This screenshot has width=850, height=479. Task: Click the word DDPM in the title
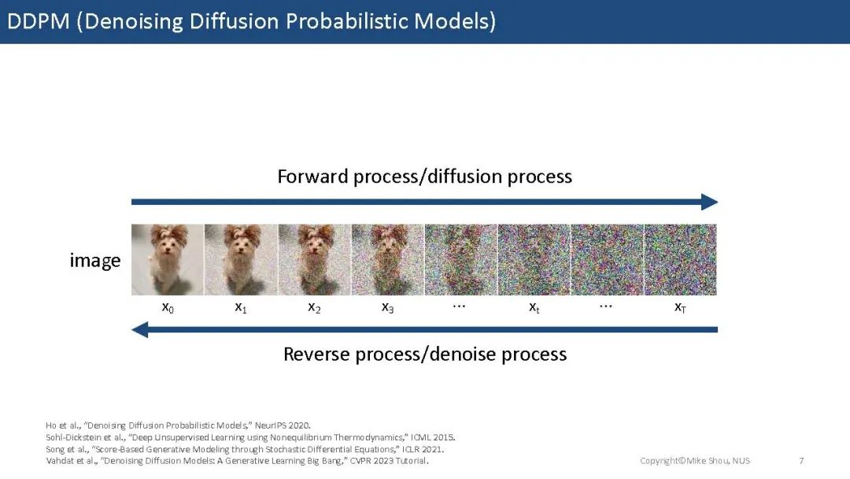click(39, 21)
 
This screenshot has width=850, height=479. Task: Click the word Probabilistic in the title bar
click(346, 21)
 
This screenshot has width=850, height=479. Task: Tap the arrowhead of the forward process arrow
click(709, 202)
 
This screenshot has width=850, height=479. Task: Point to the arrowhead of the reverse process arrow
click(140, 329)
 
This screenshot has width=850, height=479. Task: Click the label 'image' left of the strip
click(95, 261)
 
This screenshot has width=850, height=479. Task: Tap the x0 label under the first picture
click(168, 307)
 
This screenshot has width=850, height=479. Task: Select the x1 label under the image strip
click(241, 307)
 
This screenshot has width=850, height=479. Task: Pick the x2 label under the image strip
click(314, 307)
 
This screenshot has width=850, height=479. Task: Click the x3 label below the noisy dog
click(387, 307)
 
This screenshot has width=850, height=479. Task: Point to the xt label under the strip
click(534, 307)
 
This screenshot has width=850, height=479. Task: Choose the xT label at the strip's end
click(680, 307)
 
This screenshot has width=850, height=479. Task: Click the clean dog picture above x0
click(168, 260)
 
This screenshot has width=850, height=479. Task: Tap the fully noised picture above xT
click(680, 260)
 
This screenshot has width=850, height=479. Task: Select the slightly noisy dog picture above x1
click(242, 260)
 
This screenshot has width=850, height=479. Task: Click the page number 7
click(801, 461)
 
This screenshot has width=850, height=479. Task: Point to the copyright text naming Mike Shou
click(695, 461)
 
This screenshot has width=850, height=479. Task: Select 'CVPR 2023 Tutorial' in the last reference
click(390, 461)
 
